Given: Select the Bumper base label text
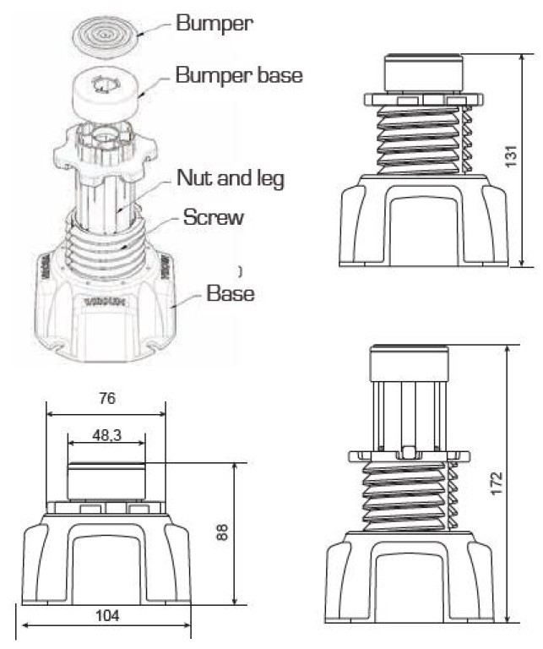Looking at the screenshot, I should click(239, 75).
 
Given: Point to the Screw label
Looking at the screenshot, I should click(214, 217).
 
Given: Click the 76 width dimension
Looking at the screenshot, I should click(106, 399).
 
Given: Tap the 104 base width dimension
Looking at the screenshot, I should click(107, 615).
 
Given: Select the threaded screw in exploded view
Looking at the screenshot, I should click(110, 241).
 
